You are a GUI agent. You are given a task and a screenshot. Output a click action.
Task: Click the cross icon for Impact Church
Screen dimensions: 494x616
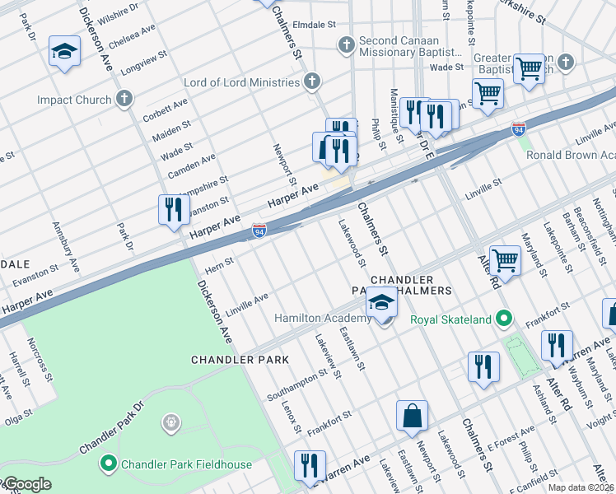[x=124, y=100]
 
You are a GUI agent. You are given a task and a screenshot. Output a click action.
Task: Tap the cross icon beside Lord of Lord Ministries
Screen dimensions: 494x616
[x=311, y=82]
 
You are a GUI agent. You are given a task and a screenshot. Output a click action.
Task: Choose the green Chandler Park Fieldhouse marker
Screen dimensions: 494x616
[x=108, y=464]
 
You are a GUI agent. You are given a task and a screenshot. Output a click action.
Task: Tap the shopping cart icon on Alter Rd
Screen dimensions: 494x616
[x=505, y=261]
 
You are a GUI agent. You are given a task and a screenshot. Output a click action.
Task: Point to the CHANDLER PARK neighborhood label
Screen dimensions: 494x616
[x=240, y=360]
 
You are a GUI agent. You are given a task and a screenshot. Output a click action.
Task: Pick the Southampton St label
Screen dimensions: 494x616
[x=296, y=384]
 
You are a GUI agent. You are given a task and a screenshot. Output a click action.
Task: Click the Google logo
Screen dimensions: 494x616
[x=26, y=484]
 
